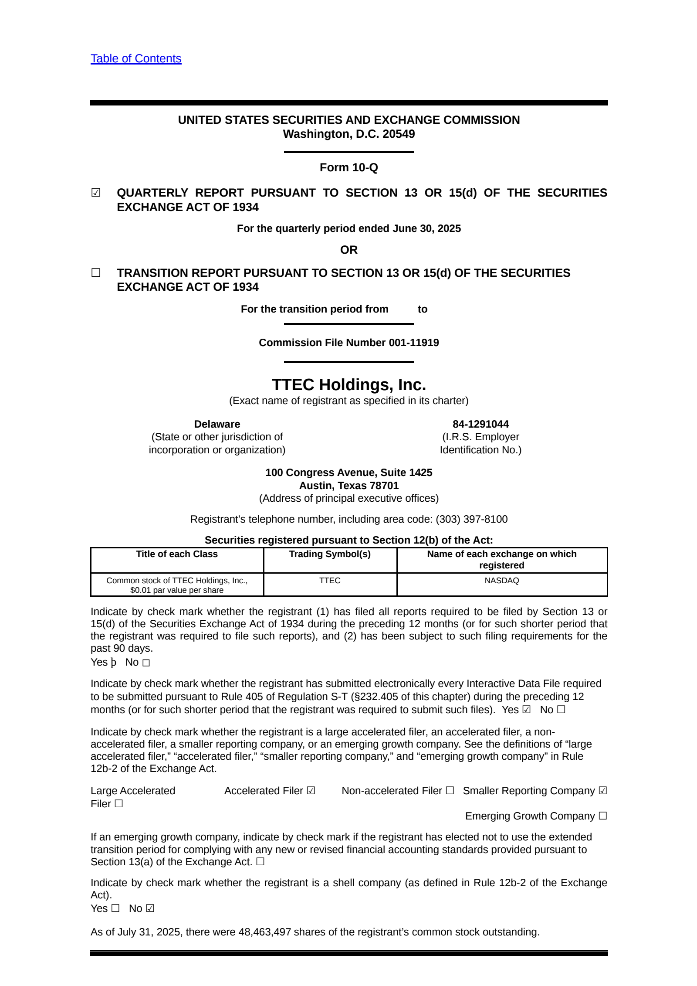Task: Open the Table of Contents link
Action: click(136, 58)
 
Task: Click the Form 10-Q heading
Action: click(348, 167)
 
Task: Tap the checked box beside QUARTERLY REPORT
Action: click(96, 193)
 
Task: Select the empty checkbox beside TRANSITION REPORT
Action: click(96, 273)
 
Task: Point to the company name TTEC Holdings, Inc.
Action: click(348, 384)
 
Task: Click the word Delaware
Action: click(217, 424)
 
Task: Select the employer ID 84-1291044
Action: click(480, 424)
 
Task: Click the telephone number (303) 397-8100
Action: click(471, 519)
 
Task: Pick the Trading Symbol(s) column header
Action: click(330, 554)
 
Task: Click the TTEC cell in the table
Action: click(330, 581)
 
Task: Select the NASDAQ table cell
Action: click(502, 581)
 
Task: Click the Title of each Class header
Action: click(177, 554)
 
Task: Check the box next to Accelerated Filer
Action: click(311, 791)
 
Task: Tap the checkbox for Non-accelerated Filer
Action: click(450, 791)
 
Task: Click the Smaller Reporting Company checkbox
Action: click(602, 791)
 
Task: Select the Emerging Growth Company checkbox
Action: click(602, 816)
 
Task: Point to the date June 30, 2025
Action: click(426, 228)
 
